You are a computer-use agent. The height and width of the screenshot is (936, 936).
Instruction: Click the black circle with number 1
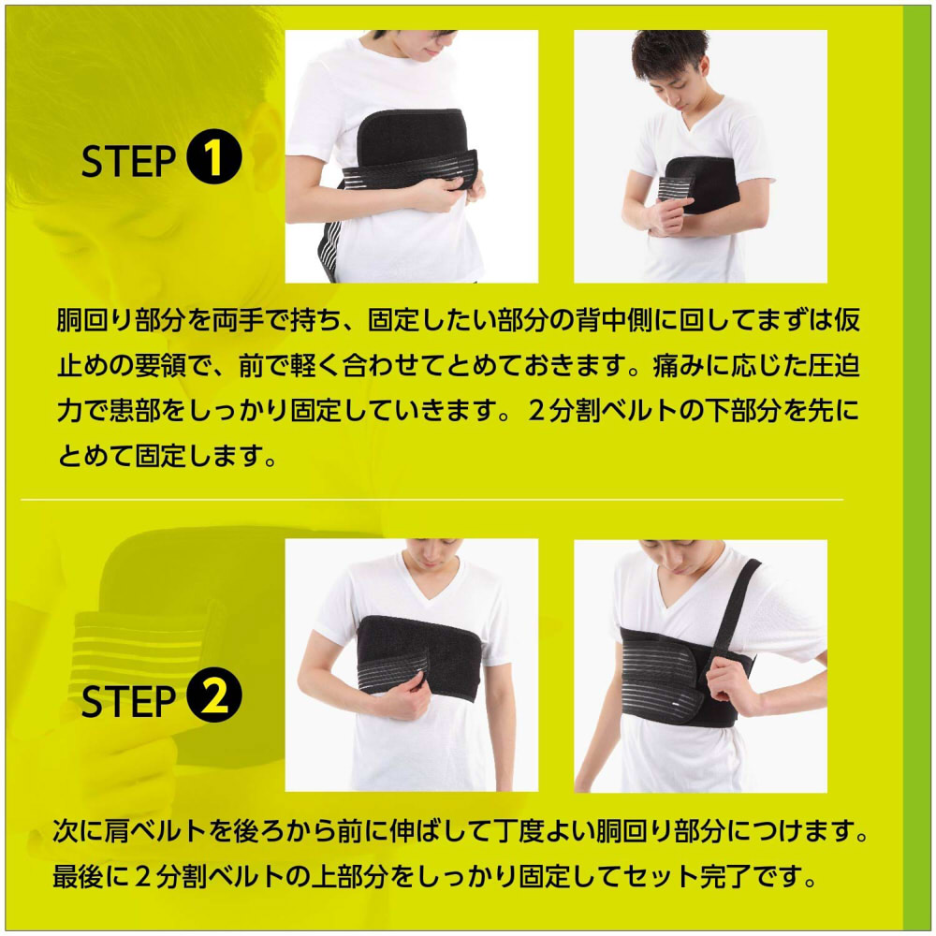click(214, 159)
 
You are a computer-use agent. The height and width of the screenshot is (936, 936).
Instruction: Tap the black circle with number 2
click(214, 699)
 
